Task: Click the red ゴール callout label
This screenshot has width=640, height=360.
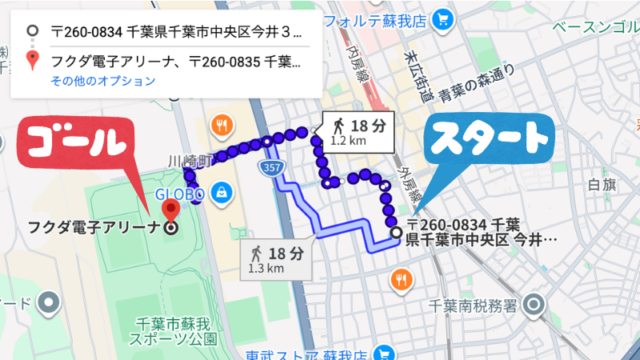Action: coord(76,144)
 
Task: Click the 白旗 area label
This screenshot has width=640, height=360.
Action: coord(601,186)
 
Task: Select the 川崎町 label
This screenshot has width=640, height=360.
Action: coord(189,158)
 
